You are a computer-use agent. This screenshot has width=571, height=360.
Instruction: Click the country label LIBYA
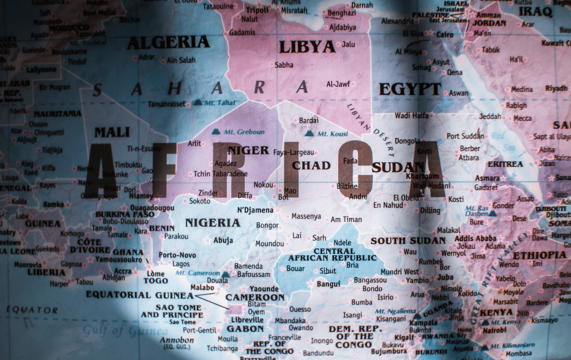308,46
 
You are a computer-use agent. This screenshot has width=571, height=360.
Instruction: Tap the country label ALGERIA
168,42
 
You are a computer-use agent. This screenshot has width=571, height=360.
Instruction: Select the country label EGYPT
410,89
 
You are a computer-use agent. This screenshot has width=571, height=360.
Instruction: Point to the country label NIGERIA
212,222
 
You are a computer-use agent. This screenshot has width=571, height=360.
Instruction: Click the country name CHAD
311,165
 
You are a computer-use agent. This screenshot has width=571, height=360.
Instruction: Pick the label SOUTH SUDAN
408,241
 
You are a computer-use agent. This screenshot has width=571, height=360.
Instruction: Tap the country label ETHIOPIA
539,255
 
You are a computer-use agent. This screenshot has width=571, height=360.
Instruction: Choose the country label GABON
245,329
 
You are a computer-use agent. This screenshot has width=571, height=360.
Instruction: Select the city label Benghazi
342,13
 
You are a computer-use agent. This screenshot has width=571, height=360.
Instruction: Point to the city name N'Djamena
255,210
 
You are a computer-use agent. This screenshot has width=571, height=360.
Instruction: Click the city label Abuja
223,240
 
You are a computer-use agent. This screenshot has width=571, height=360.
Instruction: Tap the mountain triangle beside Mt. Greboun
216,132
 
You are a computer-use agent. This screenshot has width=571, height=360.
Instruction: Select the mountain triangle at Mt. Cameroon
225,275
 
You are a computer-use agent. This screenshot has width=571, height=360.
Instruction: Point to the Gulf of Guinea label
117,331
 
